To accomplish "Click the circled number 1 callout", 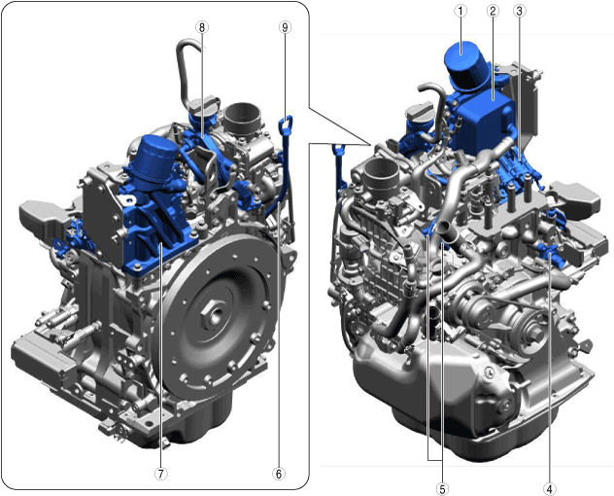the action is pos(460,11).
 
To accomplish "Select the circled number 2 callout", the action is pos(493,11).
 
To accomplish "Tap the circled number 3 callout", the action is pos(519,11).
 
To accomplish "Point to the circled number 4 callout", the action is pos(550,489).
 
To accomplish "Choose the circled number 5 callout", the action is pos(442,489).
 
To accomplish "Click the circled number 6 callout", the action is pos(279,474).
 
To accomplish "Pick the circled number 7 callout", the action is pos(160,474).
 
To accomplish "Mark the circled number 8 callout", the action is pos(202,27).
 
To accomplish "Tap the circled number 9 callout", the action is pos(285,27).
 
